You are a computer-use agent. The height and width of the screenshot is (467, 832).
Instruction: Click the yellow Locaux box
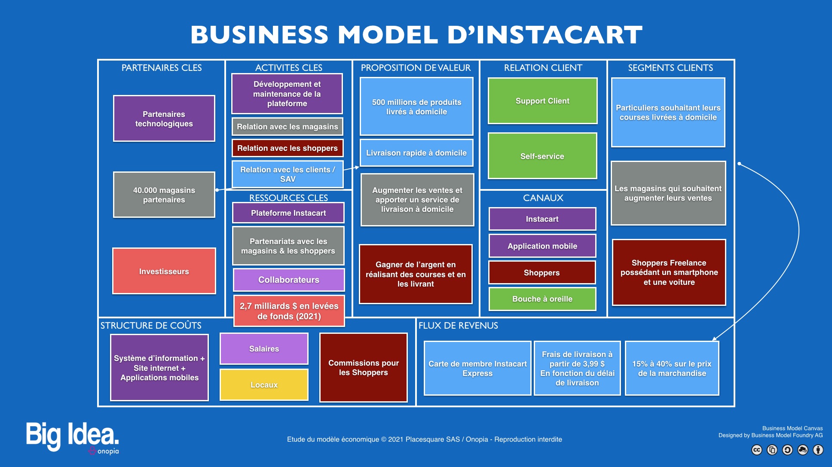264,385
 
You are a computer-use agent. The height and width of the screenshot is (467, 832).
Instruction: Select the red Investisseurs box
164,271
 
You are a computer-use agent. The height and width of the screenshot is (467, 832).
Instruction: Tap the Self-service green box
542,156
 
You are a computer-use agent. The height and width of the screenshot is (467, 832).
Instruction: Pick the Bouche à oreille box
542,299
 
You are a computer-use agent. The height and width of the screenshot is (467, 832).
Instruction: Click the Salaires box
264,348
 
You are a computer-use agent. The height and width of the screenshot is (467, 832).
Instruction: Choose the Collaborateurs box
289,280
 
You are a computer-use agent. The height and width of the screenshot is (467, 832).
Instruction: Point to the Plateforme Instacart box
288,213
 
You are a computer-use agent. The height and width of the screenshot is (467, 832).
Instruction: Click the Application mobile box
542,246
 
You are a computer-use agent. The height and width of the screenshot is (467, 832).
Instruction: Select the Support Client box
542,101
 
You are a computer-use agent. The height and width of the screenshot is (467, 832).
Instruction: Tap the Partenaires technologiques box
164,119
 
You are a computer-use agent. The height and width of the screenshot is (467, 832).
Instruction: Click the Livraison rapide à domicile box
416,153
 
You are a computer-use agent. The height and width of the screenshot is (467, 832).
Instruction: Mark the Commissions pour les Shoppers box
364,367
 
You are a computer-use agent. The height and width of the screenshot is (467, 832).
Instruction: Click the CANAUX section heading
543,198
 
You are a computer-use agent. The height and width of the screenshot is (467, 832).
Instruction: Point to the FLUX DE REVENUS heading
458,325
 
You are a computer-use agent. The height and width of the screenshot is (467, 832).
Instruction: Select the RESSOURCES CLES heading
288,198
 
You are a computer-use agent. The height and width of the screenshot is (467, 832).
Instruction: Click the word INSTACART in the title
560,35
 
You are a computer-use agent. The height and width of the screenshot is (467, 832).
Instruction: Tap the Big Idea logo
72,437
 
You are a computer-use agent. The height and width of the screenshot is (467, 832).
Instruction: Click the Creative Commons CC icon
757,450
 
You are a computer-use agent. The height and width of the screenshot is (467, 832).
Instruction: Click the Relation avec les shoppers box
288,148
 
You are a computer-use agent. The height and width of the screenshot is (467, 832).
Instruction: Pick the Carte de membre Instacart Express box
477,368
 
